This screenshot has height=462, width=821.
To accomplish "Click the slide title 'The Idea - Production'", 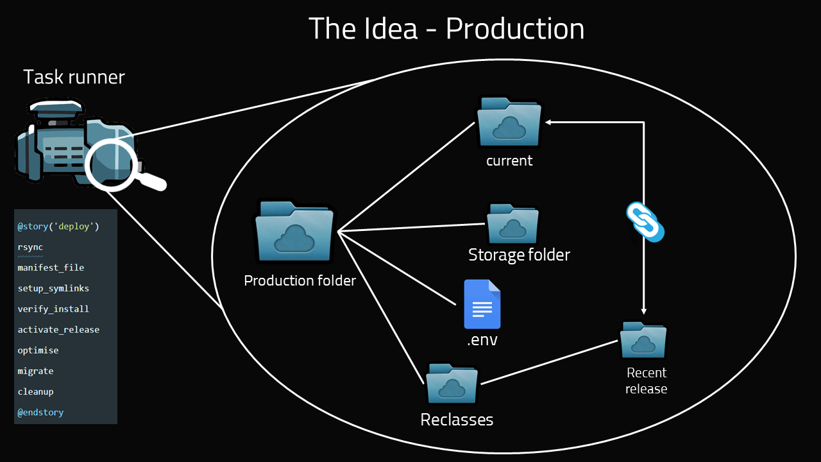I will (x=446, y=29).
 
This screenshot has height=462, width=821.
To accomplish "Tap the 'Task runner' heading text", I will (x=74, y=78).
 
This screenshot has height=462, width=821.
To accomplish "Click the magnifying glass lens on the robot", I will (x=111, y=163).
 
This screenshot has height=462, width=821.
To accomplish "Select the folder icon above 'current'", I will (x=509, y=123).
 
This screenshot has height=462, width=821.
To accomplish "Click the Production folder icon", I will (x=294, y=234).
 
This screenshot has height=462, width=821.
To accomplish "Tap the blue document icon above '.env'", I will (x=482, y=305).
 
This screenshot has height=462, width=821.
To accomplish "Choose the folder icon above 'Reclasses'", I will (x=452, y=384).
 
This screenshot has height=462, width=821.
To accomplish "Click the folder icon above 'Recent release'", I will (x=643, y=340).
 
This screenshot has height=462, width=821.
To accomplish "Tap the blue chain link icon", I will (x=645, y=222).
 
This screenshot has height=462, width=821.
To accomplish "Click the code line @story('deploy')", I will (x=58, y=227).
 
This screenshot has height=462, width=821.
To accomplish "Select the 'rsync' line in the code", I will (x=30, y=247).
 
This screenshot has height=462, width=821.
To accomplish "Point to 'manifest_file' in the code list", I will (x=51, y=268).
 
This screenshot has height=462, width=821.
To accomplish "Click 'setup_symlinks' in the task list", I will (x=53, y=288).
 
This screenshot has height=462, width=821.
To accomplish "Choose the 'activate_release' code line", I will (x=58, y=329).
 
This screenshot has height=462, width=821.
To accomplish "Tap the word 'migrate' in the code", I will (x=35, y=371).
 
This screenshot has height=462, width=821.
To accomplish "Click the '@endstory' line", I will (x=40, y=412).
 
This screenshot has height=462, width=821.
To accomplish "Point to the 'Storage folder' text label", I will (x=519, y=255).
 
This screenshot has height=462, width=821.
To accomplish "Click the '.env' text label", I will (x=482, y=340).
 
